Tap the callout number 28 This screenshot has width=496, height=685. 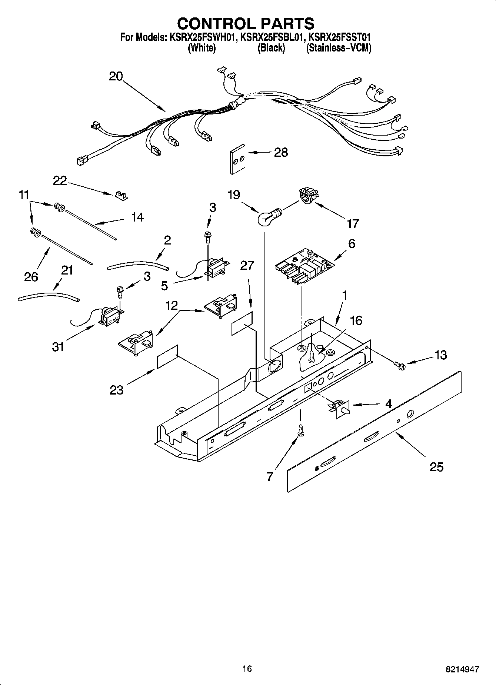[x=281, y=152]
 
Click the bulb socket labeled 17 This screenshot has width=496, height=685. [x=307, y=196]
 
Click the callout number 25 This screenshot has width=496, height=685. [x=436, y=467]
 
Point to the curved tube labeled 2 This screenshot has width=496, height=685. [x=138, y=264]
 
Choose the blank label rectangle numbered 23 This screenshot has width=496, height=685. [x=167, y=357]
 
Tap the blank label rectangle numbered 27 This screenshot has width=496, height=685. [x=242, y=323]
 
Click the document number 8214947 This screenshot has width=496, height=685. [x=462, y=669]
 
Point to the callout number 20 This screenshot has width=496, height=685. [x=116, y=76]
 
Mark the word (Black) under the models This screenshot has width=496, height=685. [x=271, y=48]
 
